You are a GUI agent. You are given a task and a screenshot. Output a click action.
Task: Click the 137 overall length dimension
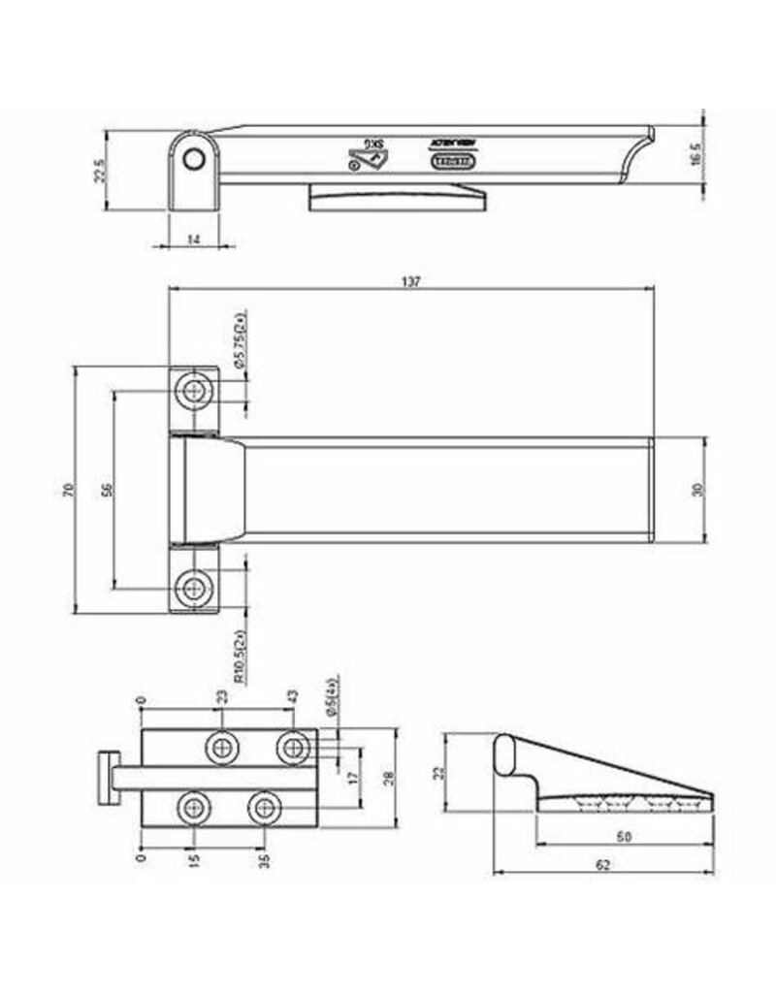click(411, 280)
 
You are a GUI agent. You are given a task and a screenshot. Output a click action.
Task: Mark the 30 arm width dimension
click(695, 490)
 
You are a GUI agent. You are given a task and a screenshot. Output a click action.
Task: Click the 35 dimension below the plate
click(262, 858)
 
